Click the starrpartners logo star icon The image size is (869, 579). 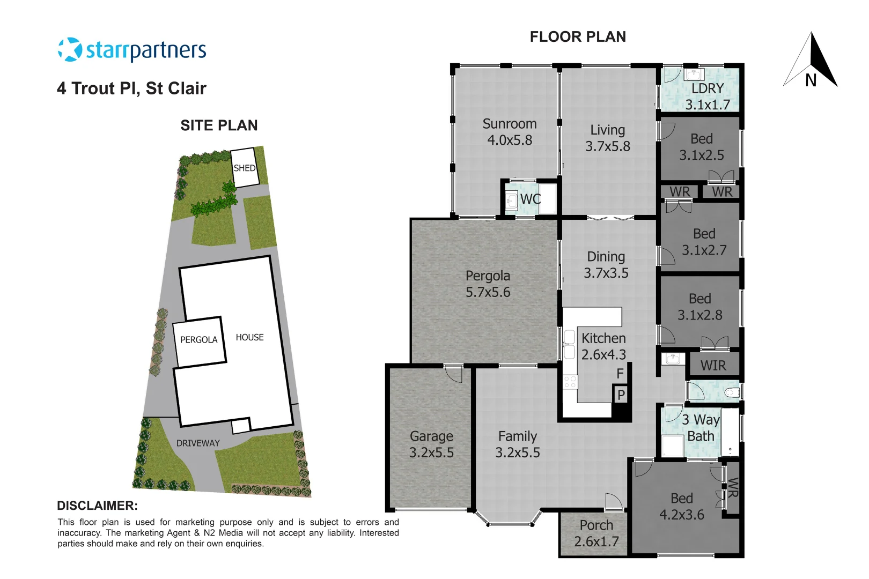point(70,50)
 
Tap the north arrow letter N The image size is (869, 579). point(811,80)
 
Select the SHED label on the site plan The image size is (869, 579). point(245,168)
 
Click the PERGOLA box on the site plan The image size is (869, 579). point(199,340)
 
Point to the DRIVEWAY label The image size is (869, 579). point(198,443)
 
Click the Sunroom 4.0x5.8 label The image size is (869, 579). point(510,132)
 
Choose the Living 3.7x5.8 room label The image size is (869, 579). point(607,138)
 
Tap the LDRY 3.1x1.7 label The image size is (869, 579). point(707,96)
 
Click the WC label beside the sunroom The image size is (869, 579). point(531,199)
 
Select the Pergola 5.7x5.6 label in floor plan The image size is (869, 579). point(488,284)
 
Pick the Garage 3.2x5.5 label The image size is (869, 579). point(431,444)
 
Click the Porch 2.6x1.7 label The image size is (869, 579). point(596,533)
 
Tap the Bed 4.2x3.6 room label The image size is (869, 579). point(681,507)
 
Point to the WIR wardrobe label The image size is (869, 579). point(713,366)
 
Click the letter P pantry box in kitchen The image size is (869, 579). point(621,395)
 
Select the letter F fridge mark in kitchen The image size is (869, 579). point(620,374)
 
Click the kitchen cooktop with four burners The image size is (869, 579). point(570,382)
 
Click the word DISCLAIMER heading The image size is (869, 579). point(97,506)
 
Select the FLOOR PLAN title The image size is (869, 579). point(578,37)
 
